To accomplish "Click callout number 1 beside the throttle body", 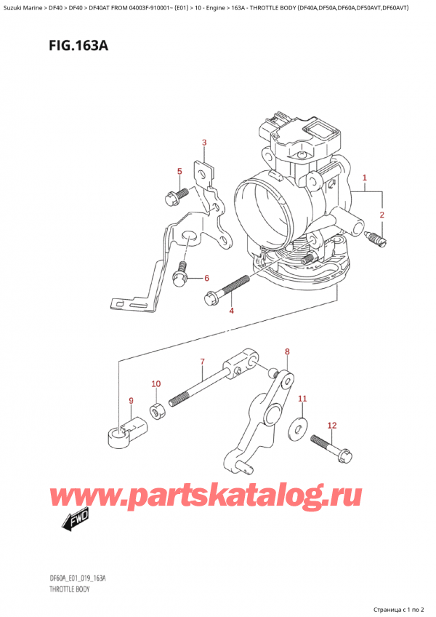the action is point(365,178).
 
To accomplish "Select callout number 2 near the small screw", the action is point(381,215).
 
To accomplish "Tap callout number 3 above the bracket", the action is point(204,143).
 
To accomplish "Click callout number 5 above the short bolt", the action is point(179,171).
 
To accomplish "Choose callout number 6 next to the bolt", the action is point(206,279).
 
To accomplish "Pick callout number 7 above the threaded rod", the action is point(202,361).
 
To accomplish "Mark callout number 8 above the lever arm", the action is point(287,351).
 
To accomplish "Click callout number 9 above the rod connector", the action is point(131,401).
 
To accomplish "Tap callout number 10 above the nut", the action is point(156,384).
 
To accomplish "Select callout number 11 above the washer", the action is point(302,399).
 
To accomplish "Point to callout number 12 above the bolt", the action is point(332,426).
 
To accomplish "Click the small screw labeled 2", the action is point(376,238).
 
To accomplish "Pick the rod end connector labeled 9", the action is point(125,431).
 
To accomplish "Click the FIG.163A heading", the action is point(78,47).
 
